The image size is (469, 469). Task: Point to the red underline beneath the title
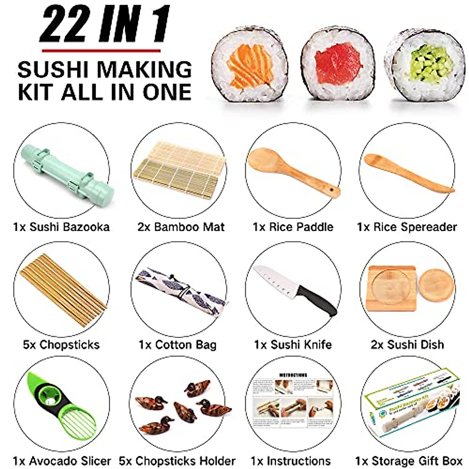click(101, 50)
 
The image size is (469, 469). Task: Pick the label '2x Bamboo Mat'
click(181, 227)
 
